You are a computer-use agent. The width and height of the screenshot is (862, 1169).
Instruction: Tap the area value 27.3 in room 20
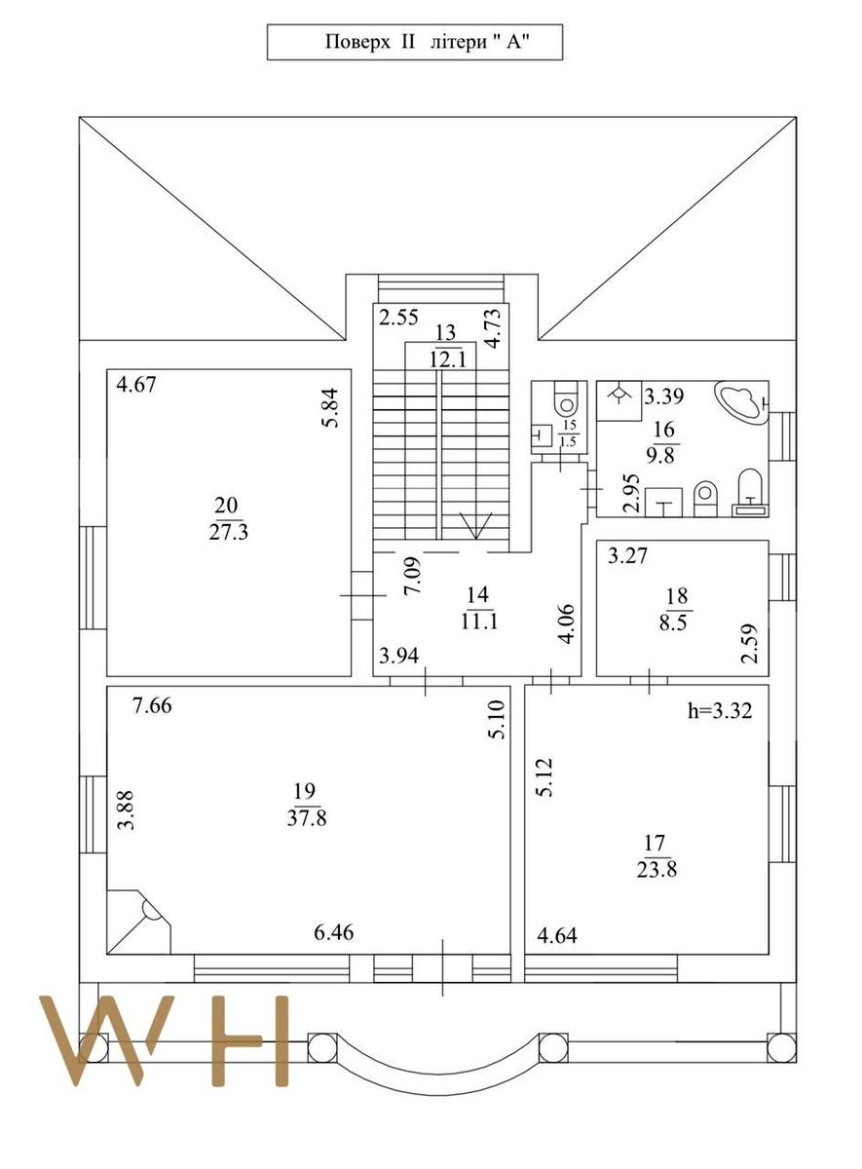pyautogui.click(x=229, y=533)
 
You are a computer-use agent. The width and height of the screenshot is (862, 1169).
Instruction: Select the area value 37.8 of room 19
pyautogui.click(x=307, y=817)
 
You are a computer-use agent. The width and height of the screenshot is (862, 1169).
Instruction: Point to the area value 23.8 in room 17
pyautogui.click(x=656, y=870)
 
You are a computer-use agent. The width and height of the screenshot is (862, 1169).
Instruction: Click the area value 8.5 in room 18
pyautogui.click(x=676, y=623)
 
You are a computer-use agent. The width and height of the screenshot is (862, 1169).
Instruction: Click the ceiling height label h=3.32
pyautogui.click(x=720, y=711)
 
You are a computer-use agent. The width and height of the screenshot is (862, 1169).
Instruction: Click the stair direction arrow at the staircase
pyautogui.click(x=475, y=524)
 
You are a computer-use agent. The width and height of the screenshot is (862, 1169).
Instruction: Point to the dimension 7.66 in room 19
pyautogui.click(x=152, y=706)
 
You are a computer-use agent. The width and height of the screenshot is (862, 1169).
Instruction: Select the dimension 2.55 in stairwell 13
pyautogui.click(x=398, y=318)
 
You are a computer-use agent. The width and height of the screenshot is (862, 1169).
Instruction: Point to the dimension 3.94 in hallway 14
pyautogui.click(x=398, y=655)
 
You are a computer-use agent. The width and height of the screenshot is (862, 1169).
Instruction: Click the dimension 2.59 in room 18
pyautogui.click(x=750, y=643)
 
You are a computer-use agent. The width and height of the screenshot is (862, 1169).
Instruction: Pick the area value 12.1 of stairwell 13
pyautogui.click(x=447, y=359)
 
